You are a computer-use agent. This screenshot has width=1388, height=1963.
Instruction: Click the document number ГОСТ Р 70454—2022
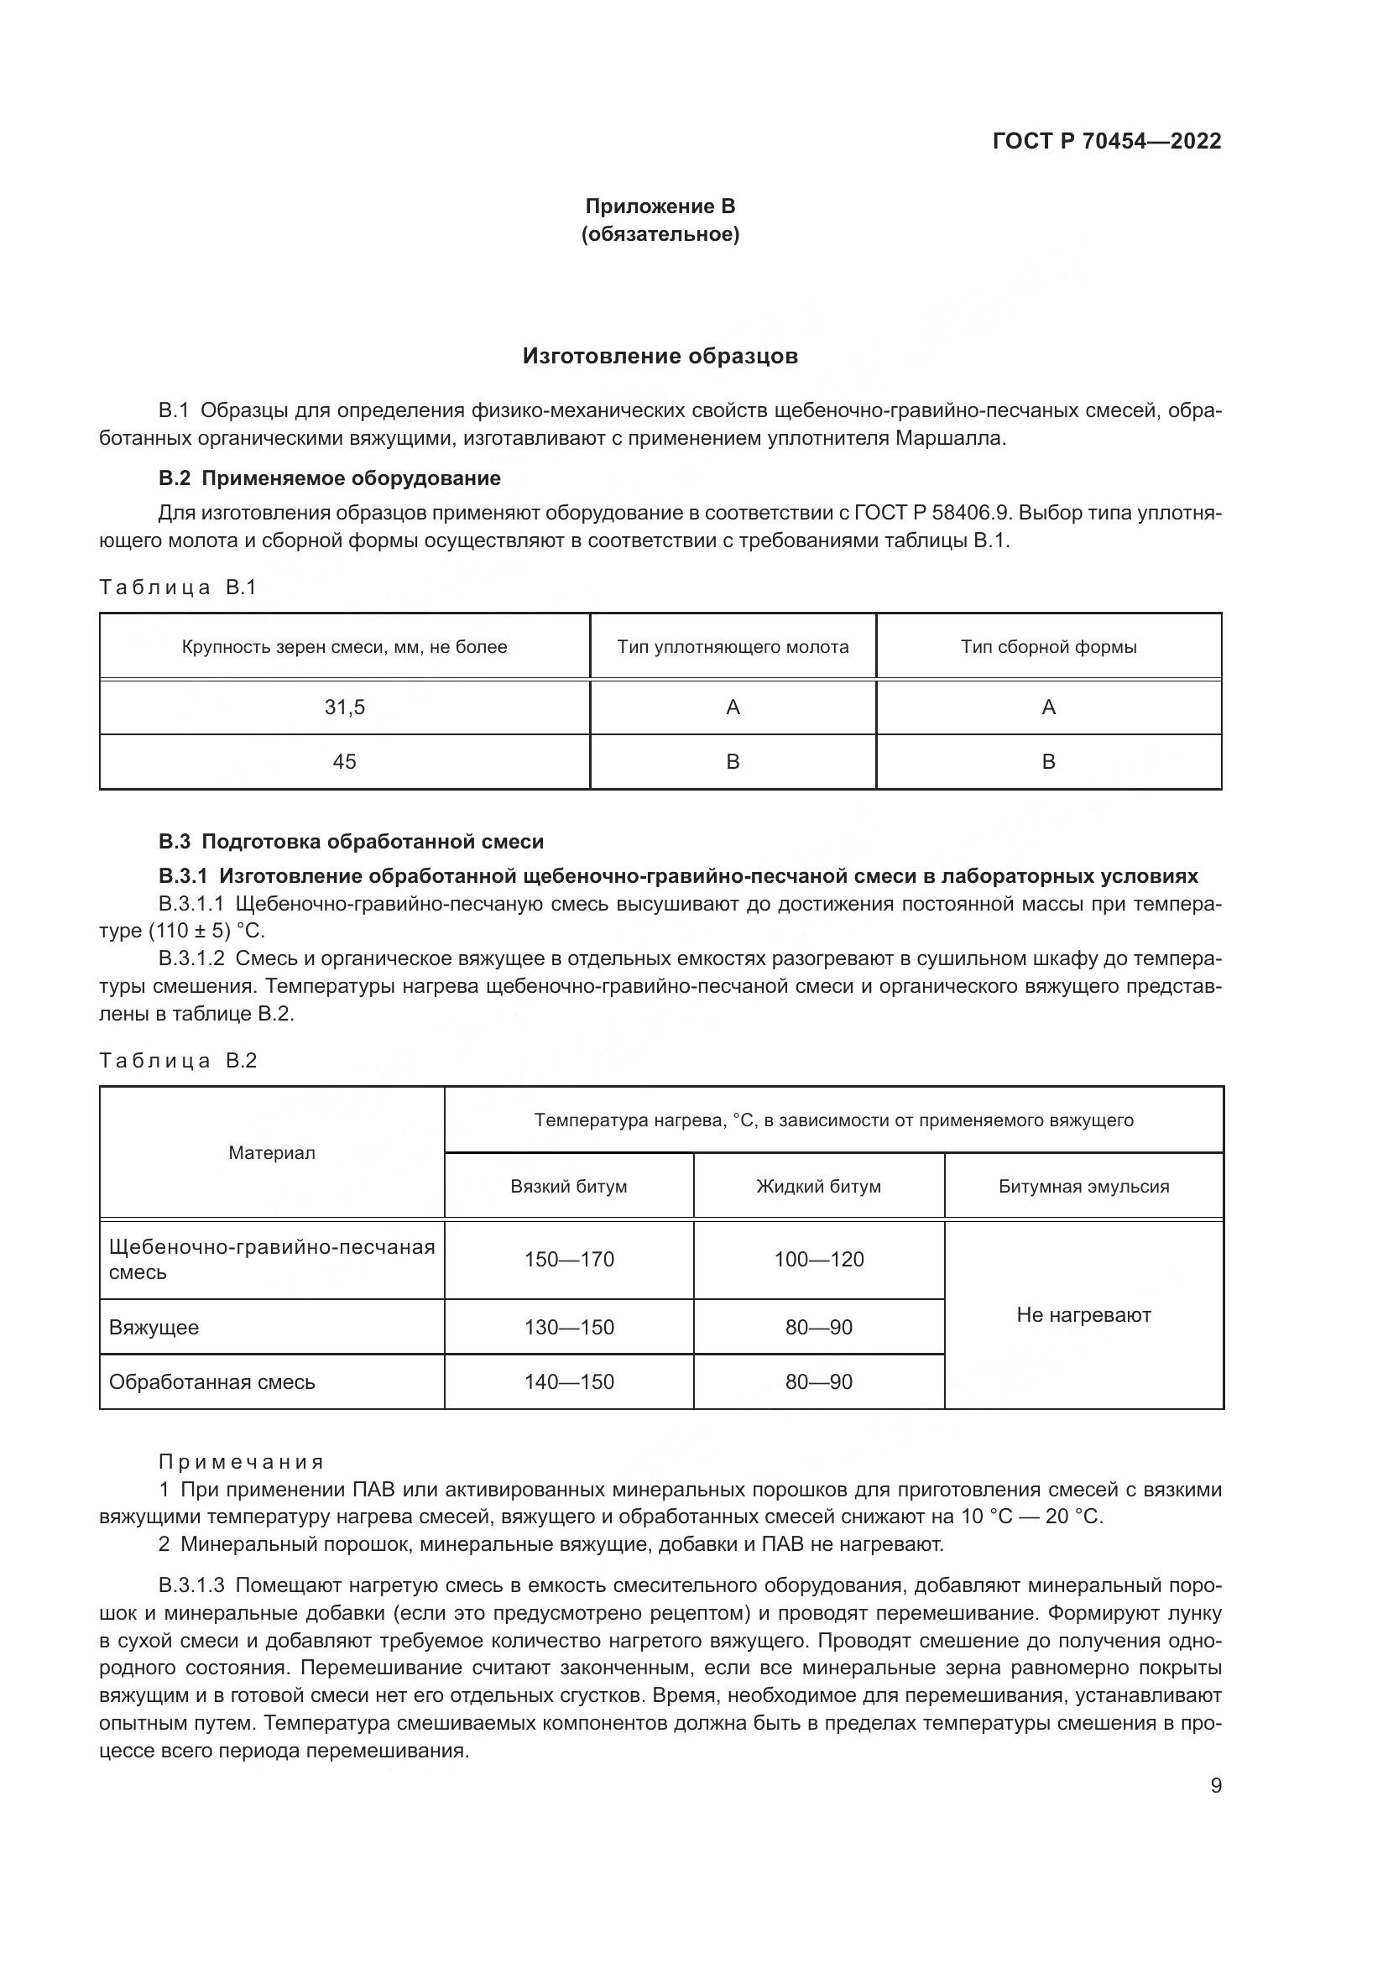(x=1106, y=142)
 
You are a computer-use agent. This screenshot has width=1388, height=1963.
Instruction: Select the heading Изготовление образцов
(x=660, y=357)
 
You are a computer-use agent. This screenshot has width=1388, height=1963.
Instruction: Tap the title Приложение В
(x=660, y=206)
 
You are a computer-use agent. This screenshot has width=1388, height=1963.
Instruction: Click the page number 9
(x=1216, y=1786)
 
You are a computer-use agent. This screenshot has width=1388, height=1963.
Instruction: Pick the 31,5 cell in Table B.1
(x=344, y=707)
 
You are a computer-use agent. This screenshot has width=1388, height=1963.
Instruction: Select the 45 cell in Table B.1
(x=344, y=762)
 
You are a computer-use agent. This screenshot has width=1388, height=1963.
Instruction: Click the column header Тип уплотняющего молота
(x=733, y=647)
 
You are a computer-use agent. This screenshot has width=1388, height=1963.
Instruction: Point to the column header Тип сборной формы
(x=1049, y=647)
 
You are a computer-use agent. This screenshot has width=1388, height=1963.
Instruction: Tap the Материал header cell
(x=272, y=1153)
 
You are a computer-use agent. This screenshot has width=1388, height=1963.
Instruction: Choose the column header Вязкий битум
(x=568, y=1187)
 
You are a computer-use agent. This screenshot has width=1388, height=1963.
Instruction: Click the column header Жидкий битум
(x=819, y=1187)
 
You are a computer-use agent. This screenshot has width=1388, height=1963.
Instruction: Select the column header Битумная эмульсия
(x=1083, y=1187)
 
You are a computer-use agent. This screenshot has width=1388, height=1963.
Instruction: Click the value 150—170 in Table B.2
(x=569, y=1260)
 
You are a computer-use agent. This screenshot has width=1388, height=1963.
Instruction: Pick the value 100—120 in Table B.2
(x=819, y=1260)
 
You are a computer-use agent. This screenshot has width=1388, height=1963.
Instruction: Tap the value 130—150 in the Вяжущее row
(x=569, y=1328)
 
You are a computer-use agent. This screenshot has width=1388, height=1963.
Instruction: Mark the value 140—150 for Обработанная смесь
(x=569, y=1382)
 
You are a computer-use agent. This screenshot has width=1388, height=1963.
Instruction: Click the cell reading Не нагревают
(x=1083, y=1315)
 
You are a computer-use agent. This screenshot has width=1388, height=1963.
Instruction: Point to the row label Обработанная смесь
(x=212, y=1382)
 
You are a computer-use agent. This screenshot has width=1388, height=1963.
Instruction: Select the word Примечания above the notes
(x=242, y=1462)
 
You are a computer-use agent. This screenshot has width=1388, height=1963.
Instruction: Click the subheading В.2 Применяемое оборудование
(x=330, y=478)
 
